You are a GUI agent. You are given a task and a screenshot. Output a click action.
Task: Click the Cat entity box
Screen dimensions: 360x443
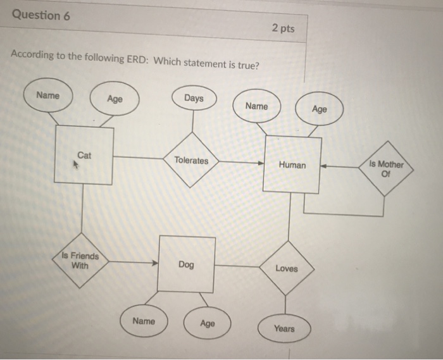[84, 155]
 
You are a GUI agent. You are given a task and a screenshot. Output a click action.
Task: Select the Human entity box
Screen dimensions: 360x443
[292, 164]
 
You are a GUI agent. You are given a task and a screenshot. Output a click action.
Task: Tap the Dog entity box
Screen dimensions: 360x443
[186, 264]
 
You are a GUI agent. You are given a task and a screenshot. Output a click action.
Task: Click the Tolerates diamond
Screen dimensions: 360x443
[191, 160]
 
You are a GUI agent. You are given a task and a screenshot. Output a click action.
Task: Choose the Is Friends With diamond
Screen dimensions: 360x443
[80, 261]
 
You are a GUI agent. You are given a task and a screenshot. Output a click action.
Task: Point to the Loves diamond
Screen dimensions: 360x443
[287, 268]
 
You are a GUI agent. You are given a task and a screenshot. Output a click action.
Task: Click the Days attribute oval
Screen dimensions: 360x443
[194, 99]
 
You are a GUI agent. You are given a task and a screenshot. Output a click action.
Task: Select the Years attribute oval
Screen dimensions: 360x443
[284, 328]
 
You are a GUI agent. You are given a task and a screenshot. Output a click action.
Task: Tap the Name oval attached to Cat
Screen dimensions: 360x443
[48, 96]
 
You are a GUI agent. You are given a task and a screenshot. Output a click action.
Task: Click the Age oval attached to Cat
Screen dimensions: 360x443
[115, 99]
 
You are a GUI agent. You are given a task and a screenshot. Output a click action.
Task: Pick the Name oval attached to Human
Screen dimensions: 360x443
[256, 106]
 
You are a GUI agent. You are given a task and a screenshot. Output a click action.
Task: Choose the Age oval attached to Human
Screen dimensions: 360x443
[320, 109]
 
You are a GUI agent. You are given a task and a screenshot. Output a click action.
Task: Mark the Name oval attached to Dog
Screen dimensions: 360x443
[144, 321]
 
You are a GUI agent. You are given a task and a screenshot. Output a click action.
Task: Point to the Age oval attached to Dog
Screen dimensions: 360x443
[207, 323]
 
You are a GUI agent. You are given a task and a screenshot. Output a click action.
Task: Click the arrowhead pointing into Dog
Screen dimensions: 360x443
[154, 264]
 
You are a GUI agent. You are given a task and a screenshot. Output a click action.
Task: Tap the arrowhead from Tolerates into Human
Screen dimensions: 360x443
[261, 163]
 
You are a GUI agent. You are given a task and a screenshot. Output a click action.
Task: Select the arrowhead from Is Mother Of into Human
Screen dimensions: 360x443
[323, 168]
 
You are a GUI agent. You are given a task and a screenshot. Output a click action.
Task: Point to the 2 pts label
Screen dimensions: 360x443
[283, 28]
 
